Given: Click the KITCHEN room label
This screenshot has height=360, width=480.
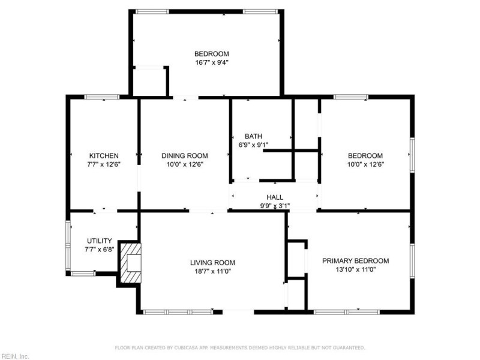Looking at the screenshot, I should point(104,155).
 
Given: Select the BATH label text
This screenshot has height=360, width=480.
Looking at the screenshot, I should point(253,136).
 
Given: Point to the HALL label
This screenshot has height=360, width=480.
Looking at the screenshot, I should point(275,197).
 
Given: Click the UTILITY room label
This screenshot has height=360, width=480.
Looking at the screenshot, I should point(100,241).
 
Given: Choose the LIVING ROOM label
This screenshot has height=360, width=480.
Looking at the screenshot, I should point(212,262).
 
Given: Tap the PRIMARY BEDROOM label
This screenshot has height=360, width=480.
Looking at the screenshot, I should point(364,261).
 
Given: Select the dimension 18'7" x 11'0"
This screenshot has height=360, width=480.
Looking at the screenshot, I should point(212,271).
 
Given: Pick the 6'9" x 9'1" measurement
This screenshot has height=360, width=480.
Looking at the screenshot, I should point(253,145).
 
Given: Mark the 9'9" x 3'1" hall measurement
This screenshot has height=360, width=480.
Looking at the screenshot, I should point(275,206).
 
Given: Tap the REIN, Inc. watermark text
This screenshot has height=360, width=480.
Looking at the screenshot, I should point(15,356).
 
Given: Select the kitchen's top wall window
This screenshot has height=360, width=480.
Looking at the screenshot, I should point(102,97).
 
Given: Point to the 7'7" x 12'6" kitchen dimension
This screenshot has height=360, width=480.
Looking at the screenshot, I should point(104,164).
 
